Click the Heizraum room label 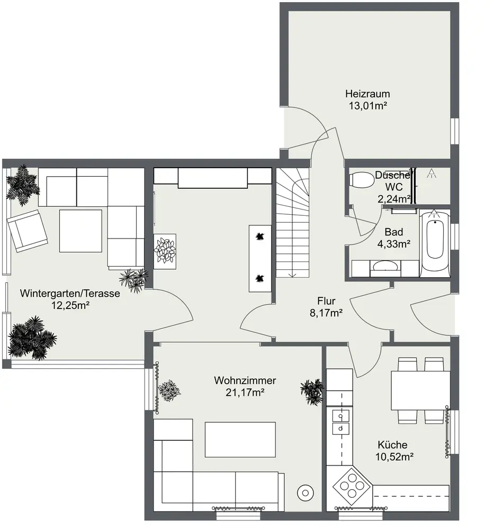367,94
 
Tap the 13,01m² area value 367,106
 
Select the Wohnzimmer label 245,380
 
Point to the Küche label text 392,445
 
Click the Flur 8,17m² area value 326,313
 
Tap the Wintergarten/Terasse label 70,293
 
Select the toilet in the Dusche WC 362,179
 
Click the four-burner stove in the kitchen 353,486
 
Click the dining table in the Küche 420,391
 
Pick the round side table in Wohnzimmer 306,493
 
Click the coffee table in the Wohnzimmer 240,439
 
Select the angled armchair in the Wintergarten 28,231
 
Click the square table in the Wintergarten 80,231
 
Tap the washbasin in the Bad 385,266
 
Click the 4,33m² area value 394,244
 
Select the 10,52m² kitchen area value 394,457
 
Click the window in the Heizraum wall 455,131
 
